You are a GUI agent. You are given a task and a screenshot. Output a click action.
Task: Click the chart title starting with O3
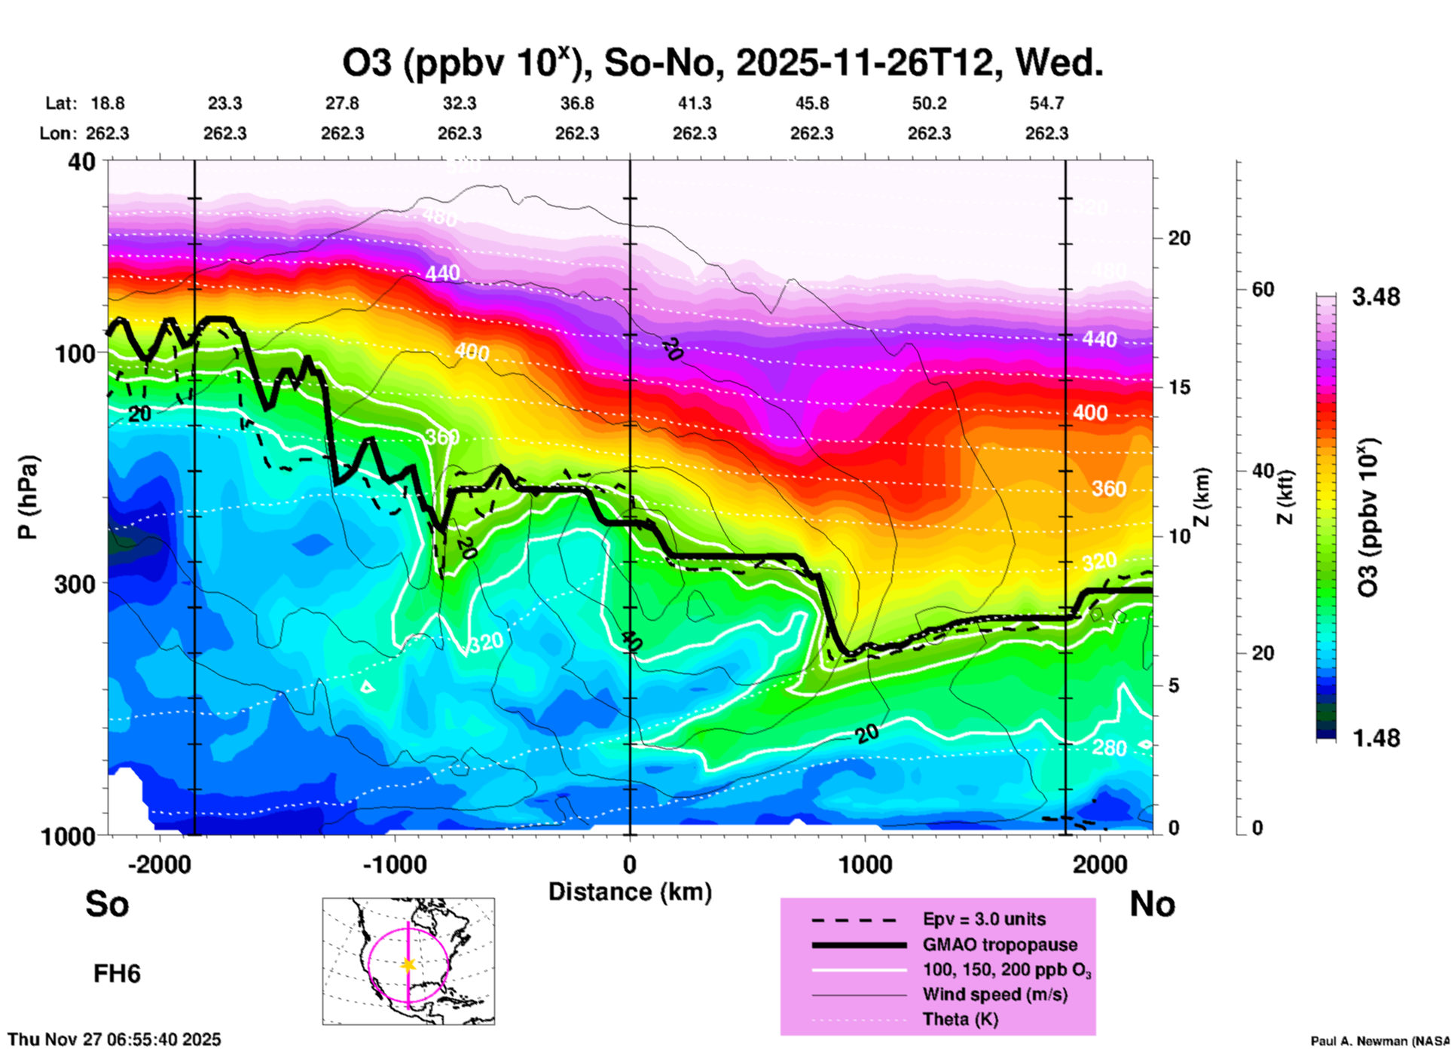pos(722,63)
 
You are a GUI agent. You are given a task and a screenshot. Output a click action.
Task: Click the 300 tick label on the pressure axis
pos(75,584)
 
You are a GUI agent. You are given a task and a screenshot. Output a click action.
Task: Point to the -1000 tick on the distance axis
pos(395,864)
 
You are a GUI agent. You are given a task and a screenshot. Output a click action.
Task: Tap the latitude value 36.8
pos(577,103)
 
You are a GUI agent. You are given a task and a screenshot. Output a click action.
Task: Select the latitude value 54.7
pos(1046,103)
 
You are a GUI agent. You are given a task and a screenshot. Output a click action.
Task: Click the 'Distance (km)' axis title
pos(630,892)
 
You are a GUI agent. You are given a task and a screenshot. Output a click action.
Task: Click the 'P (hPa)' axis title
pos(28,497)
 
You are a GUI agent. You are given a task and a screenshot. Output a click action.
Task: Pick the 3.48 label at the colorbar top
pos(1376,298)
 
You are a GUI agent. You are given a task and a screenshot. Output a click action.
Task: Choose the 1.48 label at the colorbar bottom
pos(1376,738)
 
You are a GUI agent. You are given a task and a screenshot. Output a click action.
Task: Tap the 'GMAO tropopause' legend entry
pos(1000,945)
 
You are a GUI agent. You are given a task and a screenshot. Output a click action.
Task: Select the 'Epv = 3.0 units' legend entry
pos(984,919)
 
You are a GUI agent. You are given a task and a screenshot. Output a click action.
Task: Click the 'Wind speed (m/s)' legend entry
pos(994,994)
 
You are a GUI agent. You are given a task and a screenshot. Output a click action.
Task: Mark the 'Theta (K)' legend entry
pos(960,1019)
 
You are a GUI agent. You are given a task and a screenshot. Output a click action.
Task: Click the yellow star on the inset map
pos(408,965)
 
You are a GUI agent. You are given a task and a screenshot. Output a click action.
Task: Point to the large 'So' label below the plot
pos(107,904)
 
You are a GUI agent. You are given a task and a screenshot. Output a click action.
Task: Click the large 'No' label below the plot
pos(1152,904)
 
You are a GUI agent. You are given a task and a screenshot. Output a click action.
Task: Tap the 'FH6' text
pos(117,974)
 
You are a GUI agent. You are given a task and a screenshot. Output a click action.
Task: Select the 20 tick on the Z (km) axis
pos(1179,238)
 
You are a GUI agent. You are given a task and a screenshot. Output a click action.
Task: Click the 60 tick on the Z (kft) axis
pos(1263,289)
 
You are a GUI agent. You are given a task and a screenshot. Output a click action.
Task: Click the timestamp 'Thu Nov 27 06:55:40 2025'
pos(115,1039)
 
